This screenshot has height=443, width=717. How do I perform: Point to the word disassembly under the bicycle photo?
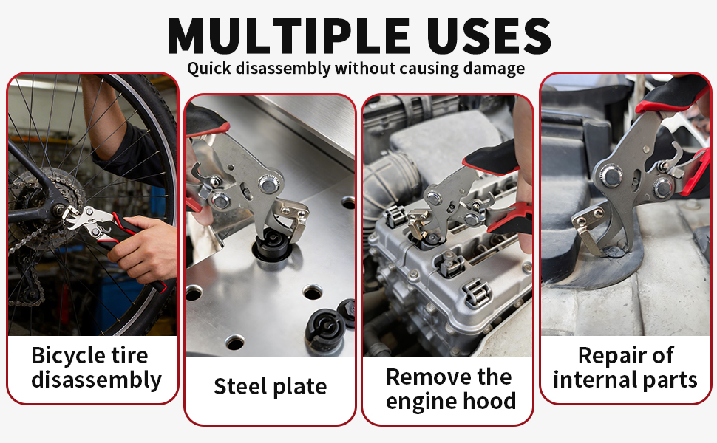point(96,380)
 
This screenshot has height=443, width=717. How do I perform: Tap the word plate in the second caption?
point(299,385)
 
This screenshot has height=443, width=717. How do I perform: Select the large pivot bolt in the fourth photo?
point(611,175)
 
